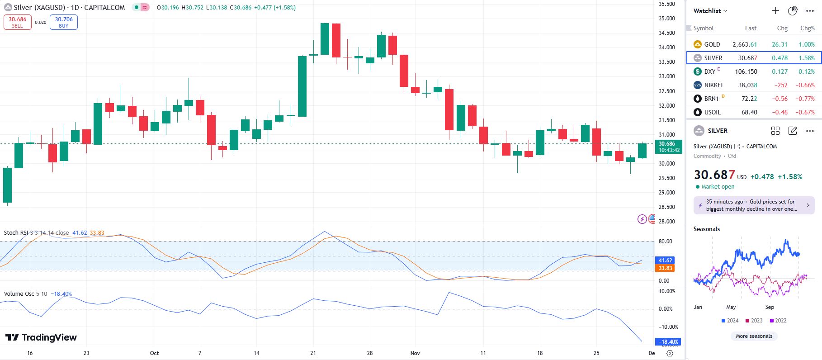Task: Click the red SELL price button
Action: tap(18, 22)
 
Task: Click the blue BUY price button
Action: tap(64, 22)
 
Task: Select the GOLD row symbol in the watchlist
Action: tap(712, 44)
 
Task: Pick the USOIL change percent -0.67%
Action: tap(805, 112)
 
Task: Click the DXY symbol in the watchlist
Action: tap(709, 71)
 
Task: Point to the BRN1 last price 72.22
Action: tap(749, 99)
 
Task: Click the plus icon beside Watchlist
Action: tap(775, 11)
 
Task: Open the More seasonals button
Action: tap(754, 336)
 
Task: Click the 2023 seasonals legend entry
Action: tap(754, 321)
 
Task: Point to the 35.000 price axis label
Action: tap(666, 19)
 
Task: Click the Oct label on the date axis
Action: tap(154, 353)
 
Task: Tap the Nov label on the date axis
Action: tap(415, 353)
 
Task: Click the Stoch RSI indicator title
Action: tap(16, 233)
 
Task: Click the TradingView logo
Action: tap(41, 337)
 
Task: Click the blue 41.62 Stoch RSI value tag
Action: tap(666, 261)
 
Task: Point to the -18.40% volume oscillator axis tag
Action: tap(668, 342)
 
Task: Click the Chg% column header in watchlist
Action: tap(807, 28)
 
